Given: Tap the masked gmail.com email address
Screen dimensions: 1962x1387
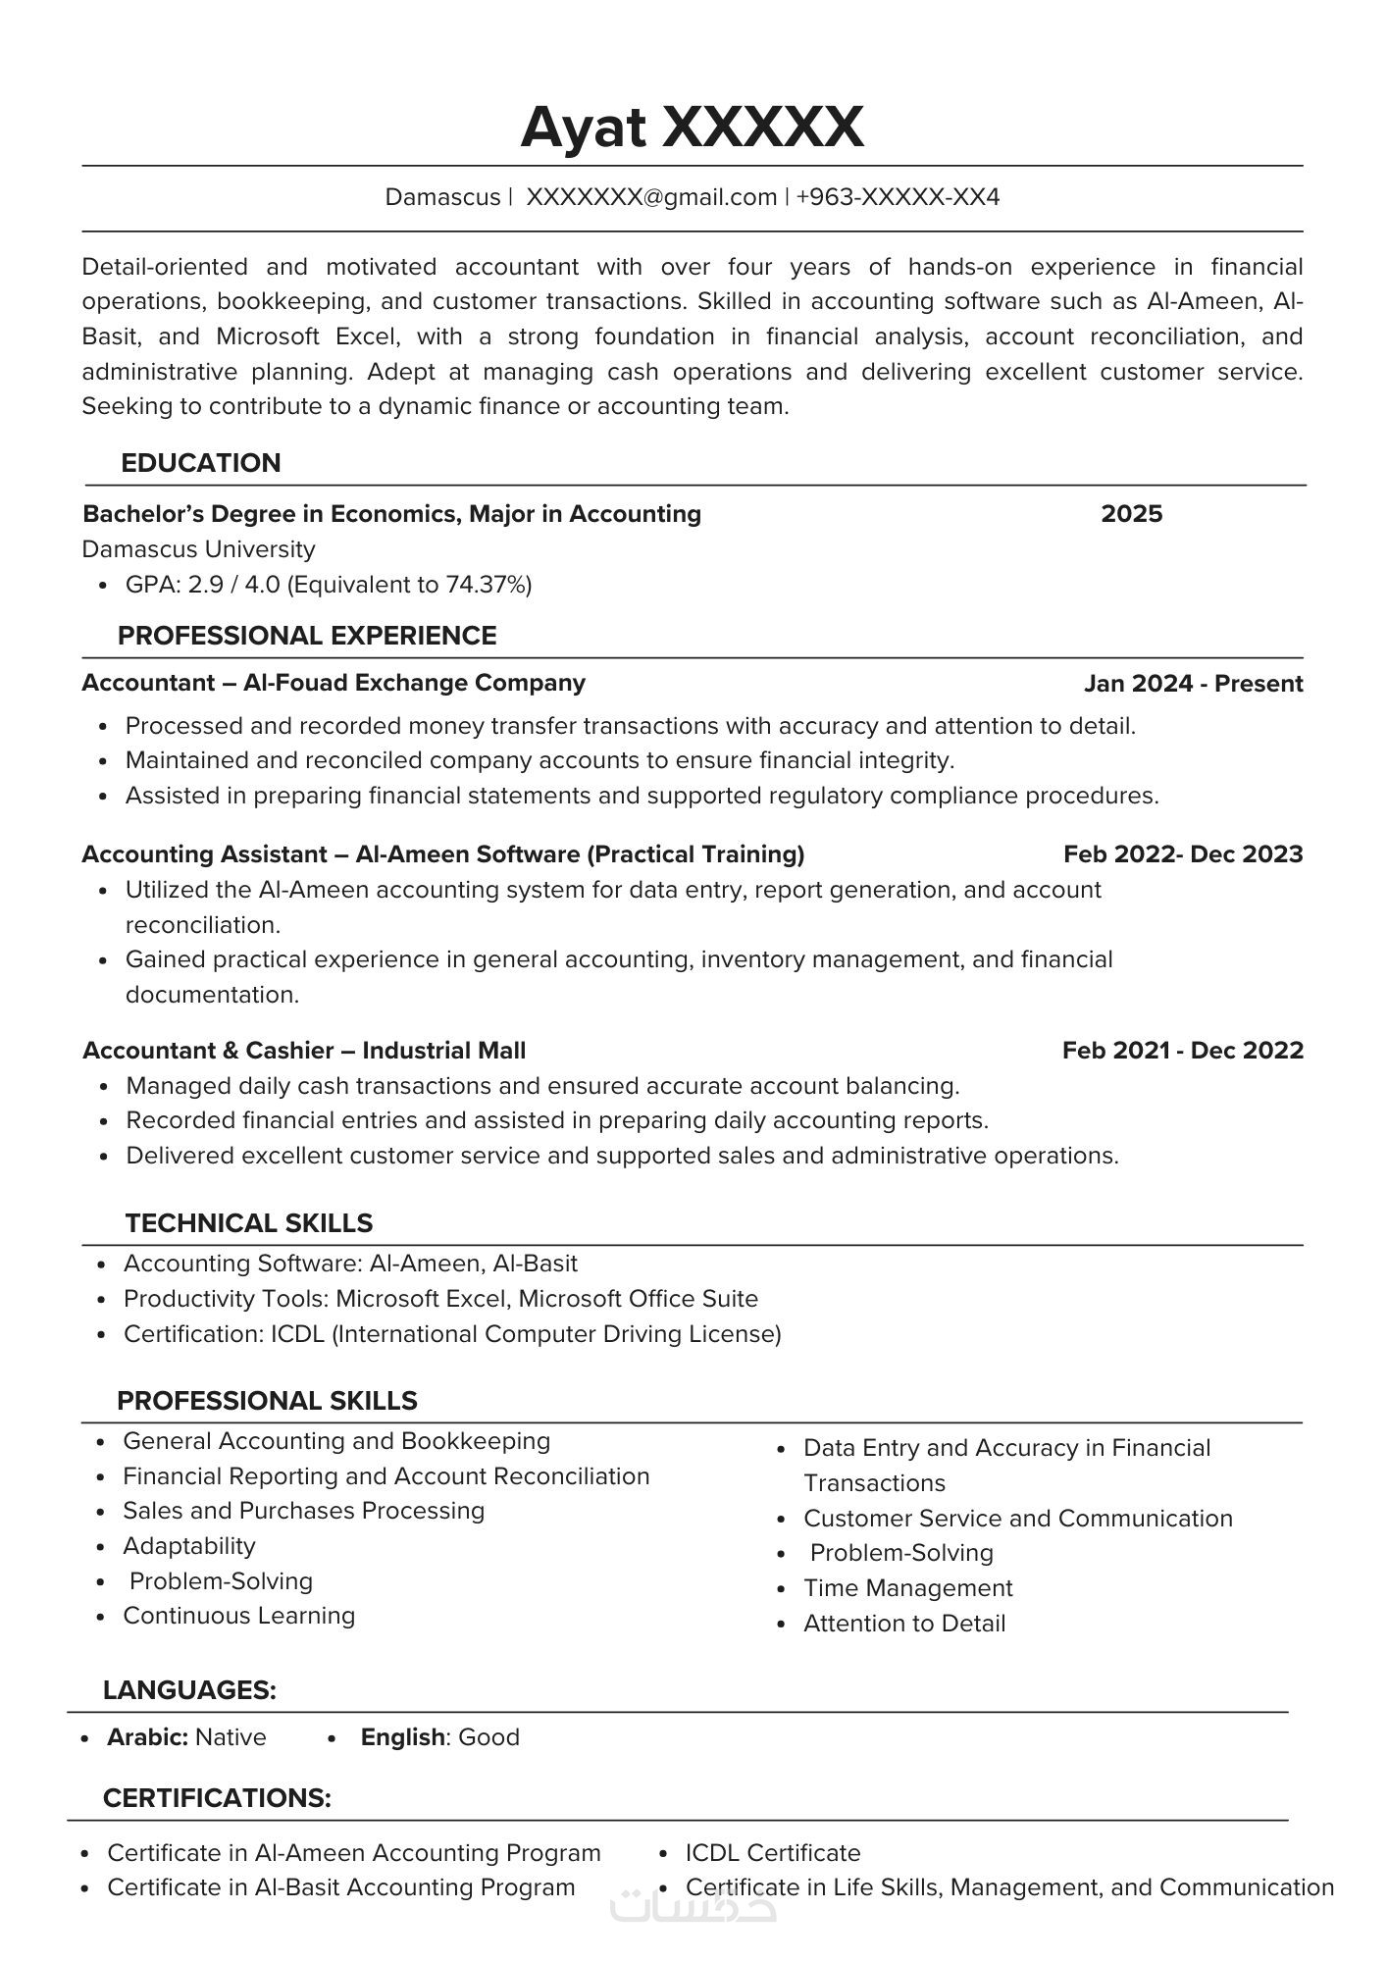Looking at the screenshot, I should point(651,197).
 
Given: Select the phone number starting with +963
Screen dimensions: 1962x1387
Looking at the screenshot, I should point(898,197).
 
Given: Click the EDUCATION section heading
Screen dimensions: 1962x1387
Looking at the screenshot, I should point(200,463).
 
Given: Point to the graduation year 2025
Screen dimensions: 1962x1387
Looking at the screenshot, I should point(1131,514).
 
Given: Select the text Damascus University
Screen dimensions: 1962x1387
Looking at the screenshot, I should point(198,549).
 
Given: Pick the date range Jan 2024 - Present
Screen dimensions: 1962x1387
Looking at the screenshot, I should point(1193,684).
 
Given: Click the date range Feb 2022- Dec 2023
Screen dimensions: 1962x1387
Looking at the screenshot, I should point(1183,854).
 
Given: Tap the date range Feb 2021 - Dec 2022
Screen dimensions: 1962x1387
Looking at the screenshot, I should point(1182,1051).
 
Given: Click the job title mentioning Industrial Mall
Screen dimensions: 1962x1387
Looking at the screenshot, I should point(304,1051).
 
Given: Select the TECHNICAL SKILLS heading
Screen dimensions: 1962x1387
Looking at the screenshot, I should point(249,1223).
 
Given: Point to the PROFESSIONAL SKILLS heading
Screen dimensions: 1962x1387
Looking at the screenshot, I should point(267,1401).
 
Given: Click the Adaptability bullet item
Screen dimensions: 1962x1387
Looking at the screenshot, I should point(189,1546).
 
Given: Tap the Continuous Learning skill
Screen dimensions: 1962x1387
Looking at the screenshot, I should point(238,1616).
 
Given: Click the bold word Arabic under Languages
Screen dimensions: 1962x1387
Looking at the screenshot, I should point(147,1737).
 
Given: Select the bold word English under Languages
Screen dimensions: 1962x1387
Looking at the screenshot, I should point(402,1737).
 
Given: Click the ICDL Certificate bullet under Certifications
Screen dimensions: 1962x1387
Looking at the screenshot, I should point(772,1853).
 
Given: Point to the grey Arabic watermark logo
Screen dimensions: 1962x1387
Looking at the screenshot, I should point(693,1905).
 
